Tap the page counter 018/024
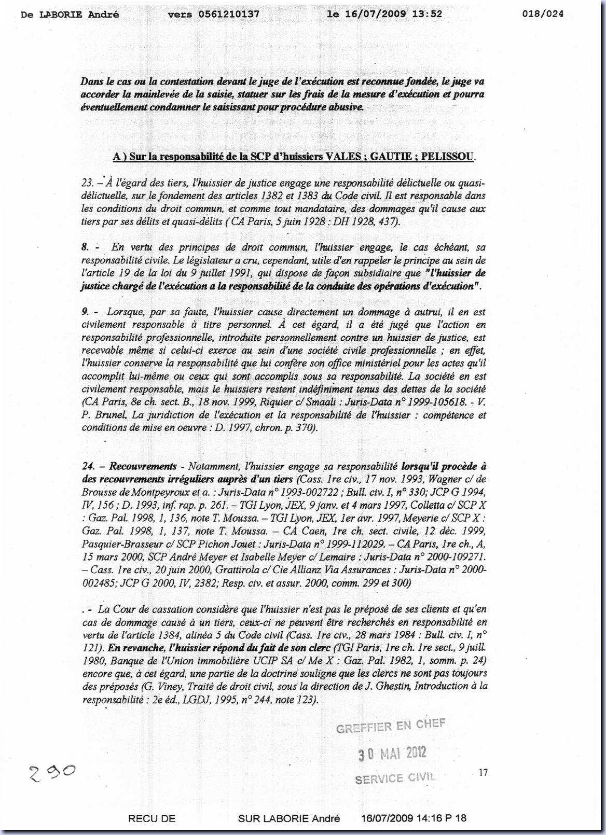click(542, 14)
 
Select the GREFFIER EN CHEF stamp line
click(391, 726)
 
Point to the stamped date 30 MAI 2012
click(392, 753)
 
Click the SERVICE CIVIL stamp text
click(395, 778)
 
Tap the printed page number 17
click(483, 773)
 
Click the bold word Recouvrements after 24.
click(143, 466)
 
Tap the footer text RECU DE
click(151, 818)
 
